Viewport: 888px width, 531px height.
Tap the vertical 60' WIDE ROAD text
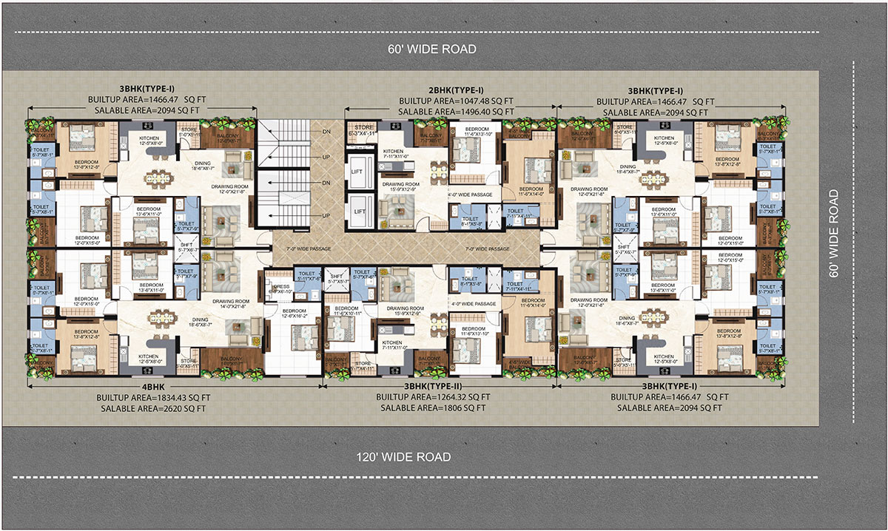coord(834,233)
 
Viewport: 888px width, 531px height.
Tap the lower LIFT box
coord(360,212)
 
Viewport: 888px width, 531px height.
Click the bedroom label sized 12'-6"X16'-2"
coord(294,314)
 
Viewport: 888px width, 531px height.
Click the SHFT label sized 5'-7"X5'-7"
coord(339,278)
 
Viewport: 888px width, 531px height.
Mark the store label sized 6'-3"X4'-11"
coord(363,130)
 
